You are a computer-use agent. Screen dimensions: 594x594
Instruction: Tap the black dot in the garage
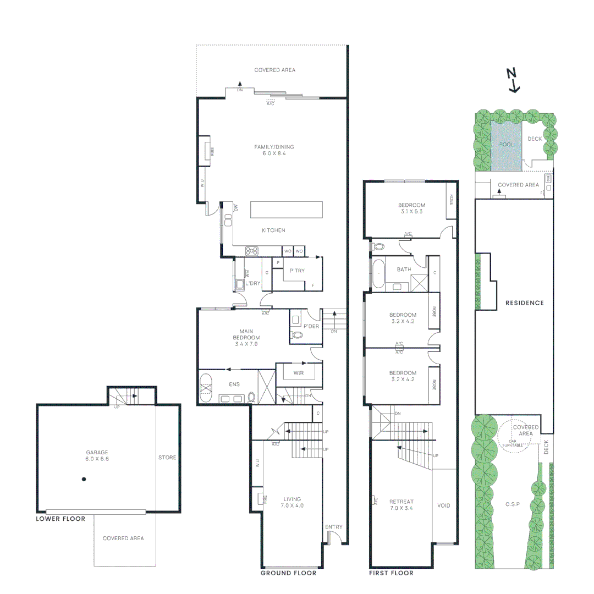84,479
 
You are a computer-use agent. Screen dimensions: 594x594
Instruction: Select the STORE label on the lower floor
167,458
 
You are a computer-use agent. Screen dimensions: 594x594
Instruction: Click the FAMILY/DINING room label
274,150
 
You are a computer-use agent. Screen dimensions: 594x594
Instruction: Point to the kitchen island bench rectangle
286,210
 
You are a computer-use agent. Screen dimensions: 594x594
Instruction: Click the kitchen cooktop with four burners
252,251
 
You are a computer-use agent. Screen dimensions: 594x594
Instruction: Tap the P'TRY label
297,271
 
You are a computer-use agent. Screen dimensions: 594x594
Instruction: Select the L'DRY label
253,283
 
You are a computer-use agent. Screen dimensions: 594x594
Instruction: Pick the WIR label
299,373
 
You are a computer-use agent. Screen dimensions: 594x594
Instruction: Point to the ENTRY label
333,527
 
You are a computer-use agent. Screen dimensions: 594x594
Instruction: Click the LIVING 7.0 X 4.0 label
291,502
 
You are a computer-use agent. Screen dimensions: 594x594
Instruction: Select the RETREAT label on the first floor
401,504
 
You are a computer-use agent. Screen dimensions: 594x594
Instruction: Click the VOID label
443,505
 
